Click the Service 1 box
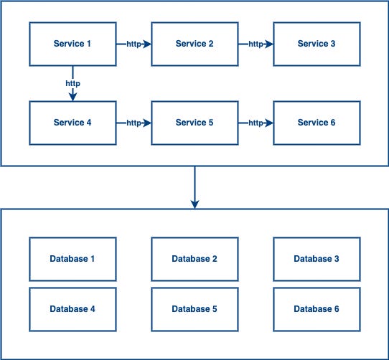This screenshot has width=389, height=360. coord(72,44)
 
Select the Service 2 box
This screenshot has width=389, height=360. coord(194,44)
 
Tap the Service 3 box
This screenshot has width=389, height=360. coord(317,44)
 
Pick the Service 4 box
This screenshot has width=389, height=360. coord(72,123)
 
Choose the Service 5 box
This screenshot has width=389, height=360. coord(194,123)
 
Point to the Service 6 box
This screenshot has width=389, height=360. coord(317,123)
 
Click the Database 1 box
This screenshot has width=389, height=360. coord(72,259)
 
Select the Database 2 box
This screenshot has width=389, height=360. coord(194,259)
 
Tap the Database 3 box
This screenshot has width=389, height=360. coord(317,259)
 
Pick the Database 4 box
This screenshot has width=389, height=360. coord(72,309)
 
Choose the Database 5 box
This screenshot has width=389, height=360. coord(194,309)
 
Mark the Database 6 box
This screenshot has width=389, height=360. coord(317,309)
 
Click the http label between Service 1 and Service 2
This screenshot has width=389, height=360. coord(133,44)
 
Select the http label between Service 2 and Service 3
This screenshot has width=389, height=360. coord(256,44)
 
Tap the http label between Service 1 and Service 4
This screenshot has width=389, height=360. coord(72,83)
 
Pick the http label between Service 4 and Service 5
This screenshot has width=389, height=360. coord(133,123)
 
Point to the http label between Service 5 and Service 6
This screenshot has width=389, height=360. coord(256,123)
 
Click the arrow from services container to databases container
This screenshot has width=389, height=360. coord(194,186)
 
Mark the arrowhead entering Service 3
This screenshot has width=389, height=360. coord(269,44)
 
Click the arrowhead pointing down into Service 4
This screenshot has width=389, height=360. coord(72,97)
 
